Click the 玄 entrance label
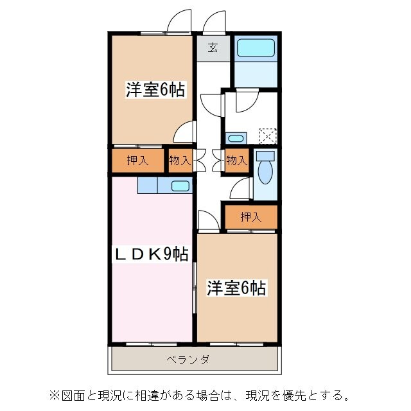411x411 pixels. [x=213, y=48]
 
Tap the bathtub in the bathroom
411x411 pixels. [x=256, y=48]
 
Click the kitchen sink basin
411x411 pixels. [x=180, y=186]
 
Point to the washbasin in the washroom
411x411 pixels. [x=236, y=138]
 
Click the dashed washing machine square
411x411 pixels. [x=268, y=136]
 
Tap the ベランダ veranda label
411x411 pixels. [x=188, y=360]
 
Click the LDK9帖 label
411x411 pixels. [x=152, y=254]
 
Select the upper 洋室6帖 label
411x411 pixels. [x=155, y=90]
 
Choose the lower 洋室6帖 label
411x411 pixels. [x=236, y=288]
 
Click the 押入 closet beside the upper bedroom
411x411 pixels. [x=137, y=160]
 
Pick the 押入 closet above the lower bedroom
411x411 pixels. [x=251, y=217]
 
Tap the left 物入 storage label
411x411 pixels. [x=180, y=160]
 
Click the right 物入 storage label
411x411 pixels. [x=237, y=160]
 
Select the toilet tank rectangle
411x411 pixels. [x=265, y=156]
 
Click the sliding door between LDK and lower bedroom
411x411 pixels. [x=195, y=288]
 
